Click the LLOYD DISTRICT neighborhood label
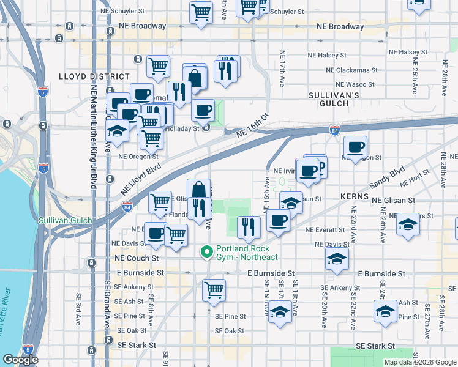tap(85, 76)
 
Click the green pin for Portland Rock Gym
tap(208, 251)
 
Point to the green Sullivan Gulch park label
tap(65, 220)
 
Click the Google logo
tap(20, 360)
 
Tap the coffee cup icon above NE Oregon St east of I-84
tap(355, 147)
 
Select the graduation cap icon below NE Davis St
tap(337, 259)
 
